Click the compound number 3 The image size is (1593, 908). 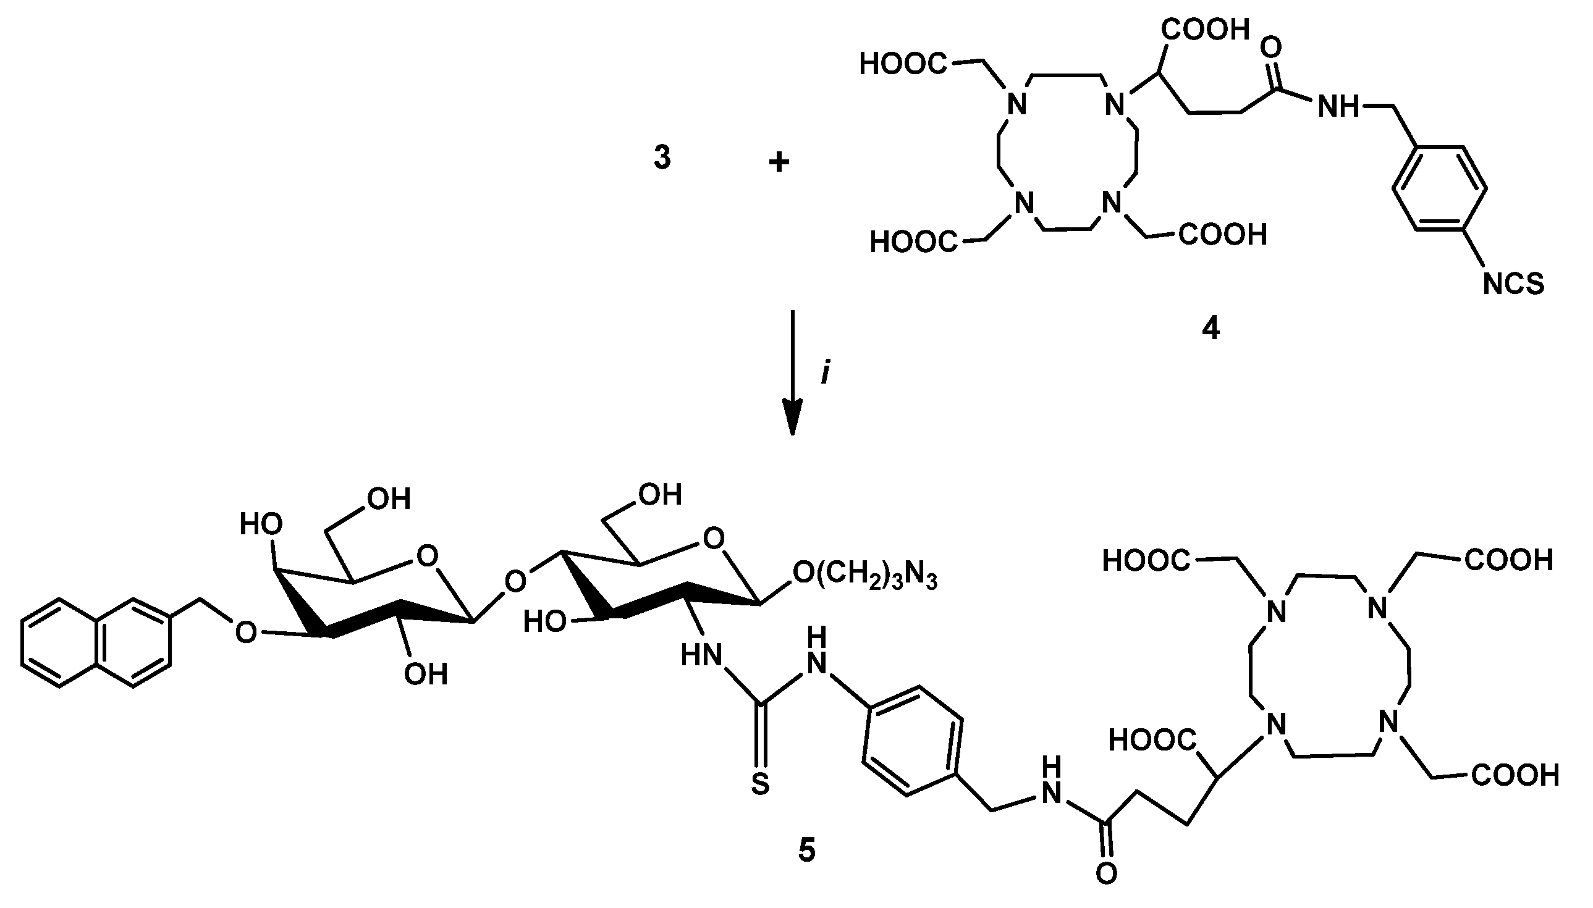(x=662, y=158)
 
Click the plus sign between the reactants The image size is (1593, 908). (x=779, y=163)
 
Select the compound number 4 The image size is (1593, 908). (x=1210, y=328)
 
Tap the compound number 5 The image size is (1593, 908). (x=806, y=851)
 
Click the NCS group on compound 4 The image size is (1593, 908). (x=1513, y=284)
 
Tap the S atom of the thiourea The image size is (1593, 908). (x=760, y=784)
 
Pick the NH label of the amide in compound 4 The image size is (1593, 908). (x=1338, y=107)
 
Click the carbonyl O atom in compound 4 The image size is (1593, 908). (x=1271, y=48)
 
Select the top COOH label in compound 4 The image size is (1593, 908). (x=1205, y=29)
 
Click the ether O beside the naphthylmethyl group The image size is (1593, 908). (x=246, y=633)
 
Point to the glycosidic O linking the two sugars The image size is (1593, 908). (x=515, y=581)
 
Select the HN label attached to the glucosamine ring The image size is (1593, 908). (x=701, y=655)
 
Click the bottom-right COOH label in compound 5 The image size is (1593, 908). (x=1515, y=776)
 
